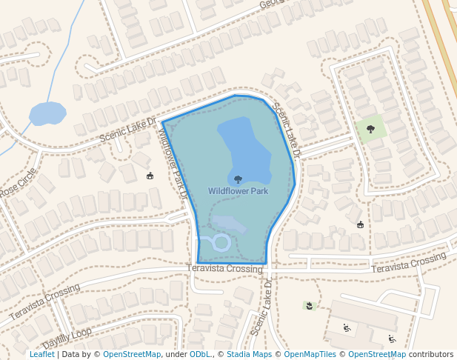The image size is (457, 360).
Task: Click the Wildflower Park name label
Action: pyautogui.click(x=238, y=191)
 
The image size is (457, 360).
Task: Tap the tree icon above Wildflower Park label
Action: pyautogui.click(x=238, y=179)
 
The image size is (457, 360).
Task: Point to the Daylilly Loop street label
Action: pyautogui.click(x=67, y=339)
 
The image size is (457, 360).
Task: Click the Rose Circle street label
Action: pyautogui.click(x=18, y=182)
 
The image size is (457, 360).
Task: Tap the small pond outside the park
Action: pyautogui.click(x=47, y=114)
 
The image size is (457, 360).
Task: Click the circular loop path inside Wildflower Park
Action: pyautogui.click(x=221, y=241)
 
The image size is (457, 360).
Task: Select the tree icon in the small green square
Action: pyautogui.click(x=370, y=130)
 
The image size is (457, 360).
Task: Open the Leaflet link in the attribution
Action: pyautogui.click(x=41, y=355)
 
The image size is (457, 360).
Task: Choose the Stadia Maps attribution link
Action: pyautogui.click(x=248, y=355)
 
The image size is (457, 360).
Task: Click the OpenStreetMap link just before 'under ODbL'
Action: pyautogui.click(x=132, y=355)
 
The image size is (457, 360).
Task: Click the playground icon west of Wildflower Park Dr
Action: pyautogui.click(x=150, y=176)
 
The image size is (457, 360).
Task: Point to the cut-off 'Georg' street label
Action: pyautogui.click(x=272, y=5)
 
